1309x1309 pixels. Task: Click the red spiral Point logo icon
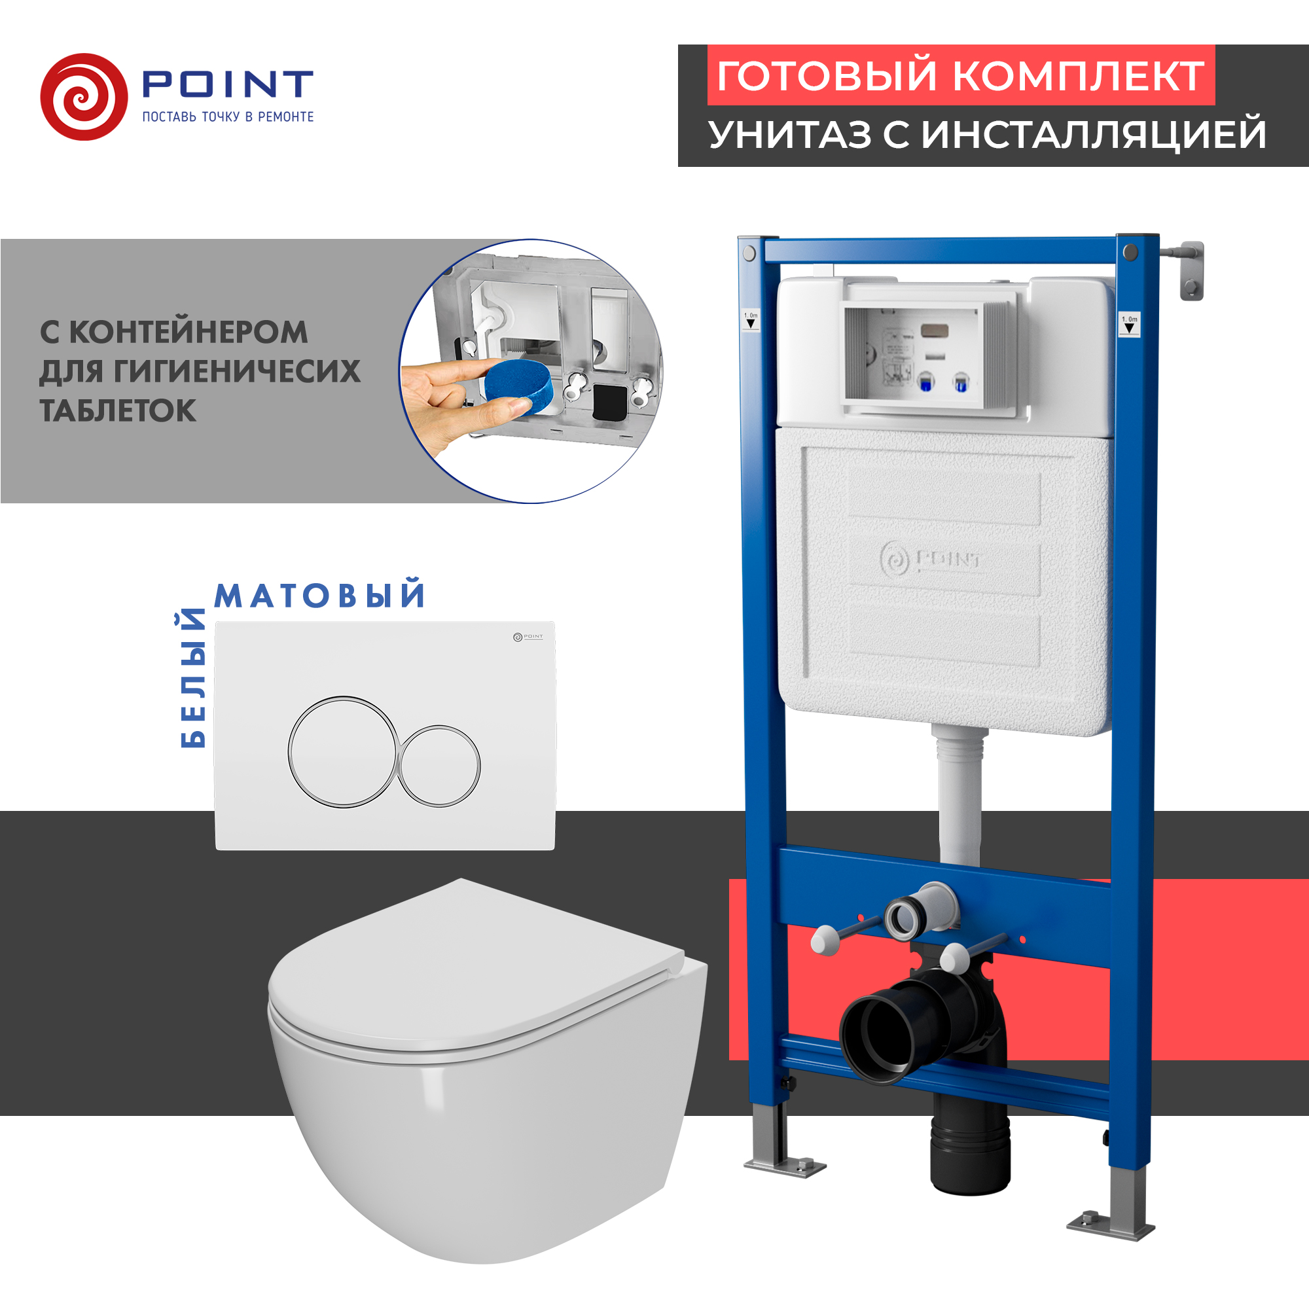(84, 97)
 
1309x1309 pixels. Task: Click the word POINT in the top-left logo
(227, 83)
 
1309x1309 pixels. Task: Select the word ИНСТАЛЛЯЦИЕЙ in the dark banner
(1094, 134)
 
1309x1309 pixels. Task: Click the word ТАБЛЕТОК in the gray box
(118, 410)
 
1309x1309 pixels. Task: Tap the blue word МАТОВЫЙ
(320, 595)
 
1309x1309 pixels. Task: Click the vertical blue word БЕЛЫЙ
(193, 678)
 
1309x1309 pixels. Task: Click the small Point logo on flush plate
(528, 637)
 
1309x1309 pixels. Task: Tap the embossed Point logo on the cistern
(929, 560)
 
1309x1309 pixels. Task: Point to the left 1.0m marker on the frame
(751, 319)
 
